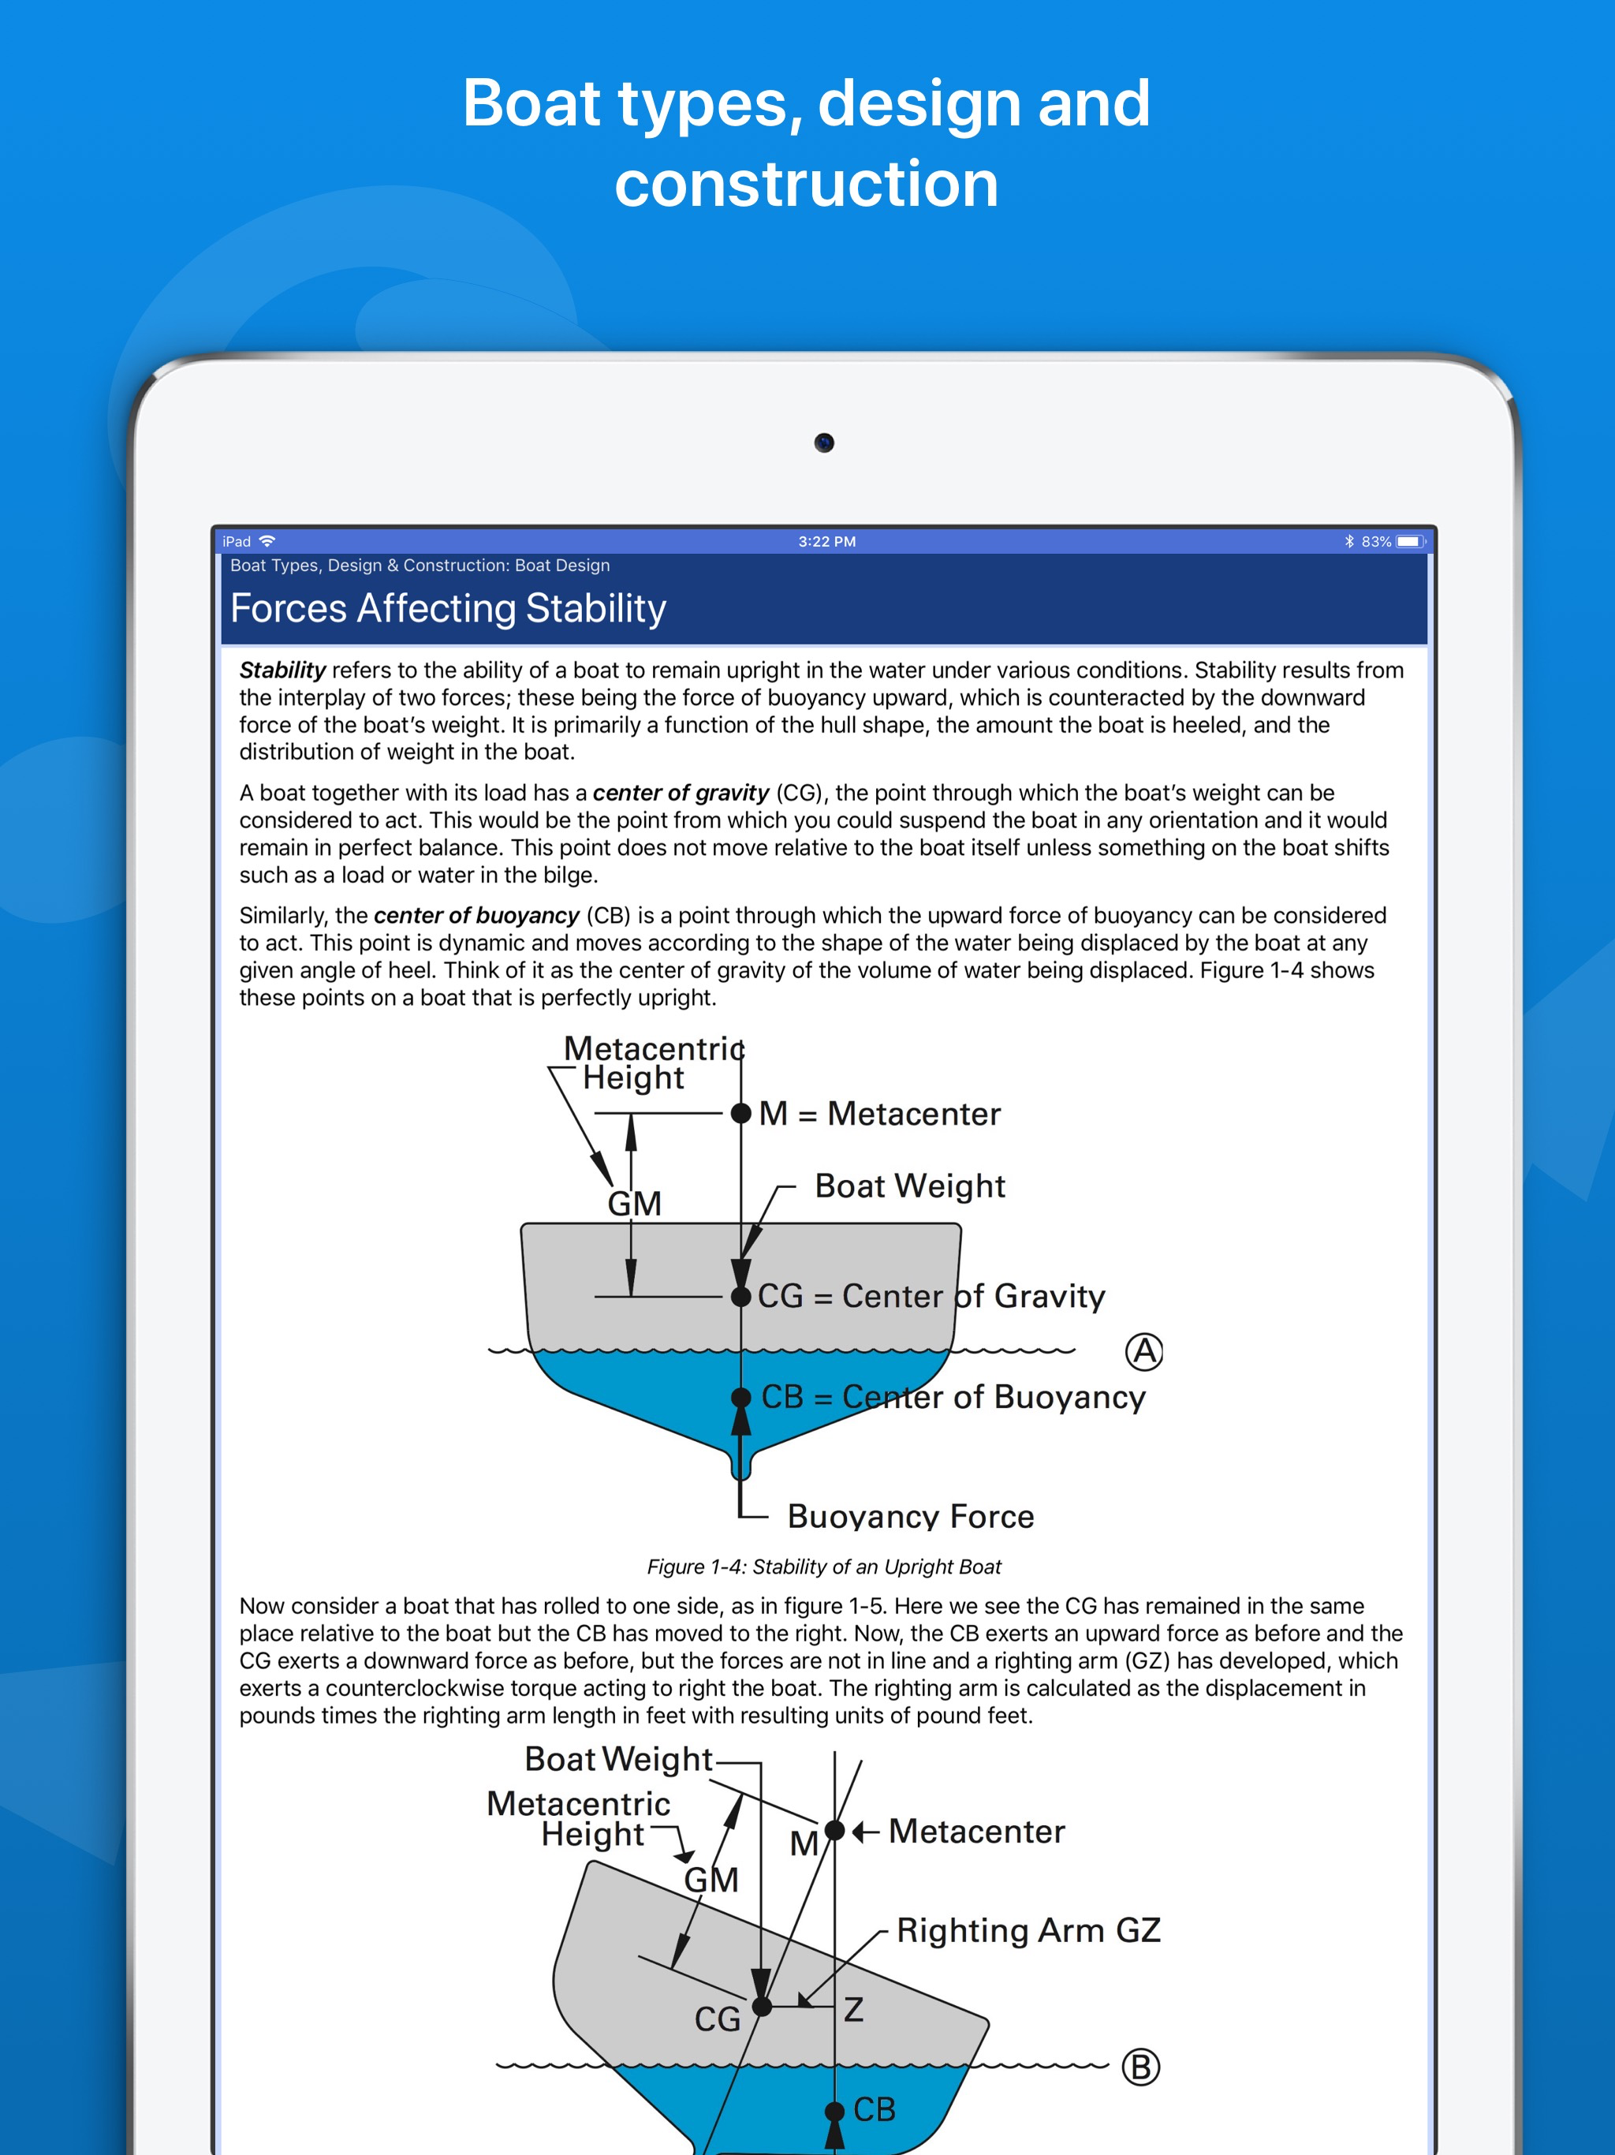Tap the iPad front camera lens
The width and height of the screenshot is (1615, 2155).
824,443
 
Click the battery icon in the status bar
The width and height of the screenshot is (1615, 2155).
1409,542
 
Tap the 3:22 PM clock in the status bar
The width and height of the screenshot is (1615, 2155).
827,542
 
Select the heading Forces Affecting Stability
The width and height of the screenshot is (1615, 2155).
448,609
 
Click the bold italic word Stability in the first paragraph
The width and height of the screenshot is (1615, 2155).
282,670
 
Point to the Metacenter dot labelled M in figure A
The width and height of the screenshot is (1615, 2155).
741,1112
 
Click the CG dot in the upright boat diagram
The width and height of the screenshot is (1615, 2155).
741,1296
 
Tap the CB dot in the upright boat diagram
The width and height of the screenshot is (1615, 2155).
741,1397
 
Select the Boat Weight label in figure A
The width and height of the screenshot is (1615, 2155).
910,1186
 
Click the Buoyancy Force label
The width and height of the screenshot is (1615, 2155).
911,1516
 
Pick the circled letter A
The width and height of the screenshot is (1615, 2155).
1144,1351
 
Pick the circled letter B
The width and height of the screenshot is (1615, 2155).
1140,2067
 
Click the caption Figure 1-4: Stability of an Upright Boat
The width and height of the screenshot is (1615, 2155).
824,1567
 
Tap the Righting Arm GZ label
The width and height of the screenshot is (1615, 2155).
1028,1930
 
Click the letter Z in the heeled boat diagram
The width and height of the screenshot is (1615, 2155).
853,2009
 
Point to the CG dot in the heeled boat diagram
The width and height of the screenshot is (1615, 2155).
763,2006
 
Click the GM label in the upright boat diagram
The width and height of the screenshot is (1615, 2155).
634,1203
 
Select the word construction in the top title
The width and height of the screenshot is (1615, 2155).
807,183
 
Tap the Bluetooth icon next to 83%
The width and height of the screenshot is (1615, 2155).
1349,542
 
